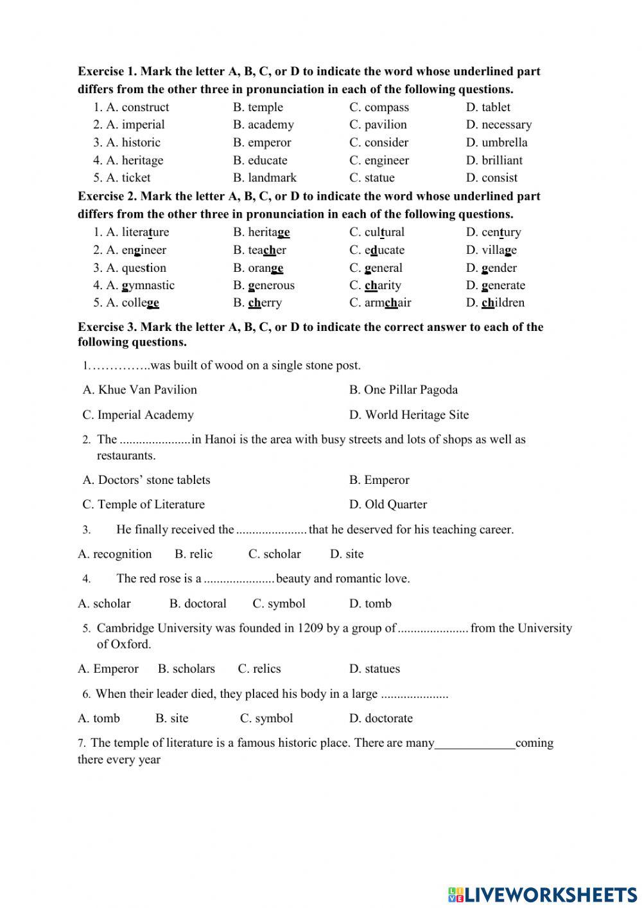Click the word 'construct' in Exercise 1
pyautogui.click(x=145, y=107)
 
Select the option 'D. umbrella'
pyautogui.click(x=496, y=143)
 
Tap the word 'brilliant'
pyautogui.click(x=502, y=161)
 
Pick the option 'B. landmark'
pyautogui.click(x=265, y=178)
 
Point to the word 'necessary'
pyautogui.click(x=507, y=125)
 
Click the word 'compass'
pyautogui.click(x=386, y=107)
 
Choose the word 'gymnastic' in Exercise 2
pyautogui.click(x=148, y=285)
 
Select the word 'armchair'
pyautogui.click(x=388, y=303)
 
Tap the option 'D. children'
pyautogui.click(x=495, y=303)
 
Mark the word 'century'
pyautogui.click(x=501, y=233)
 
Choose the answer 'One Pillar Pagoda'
pyautogui.click(x=411, y=390)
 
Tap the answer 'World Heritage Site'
pyautogui.click(x=417, y=415)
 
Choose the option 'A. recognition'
pyautogui.click(x=115, y=554)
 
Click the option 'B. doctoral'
pyautogui.click(x=198, y=604)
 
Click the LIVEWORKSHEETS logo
pyautogui.click(x=542, y=894)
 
